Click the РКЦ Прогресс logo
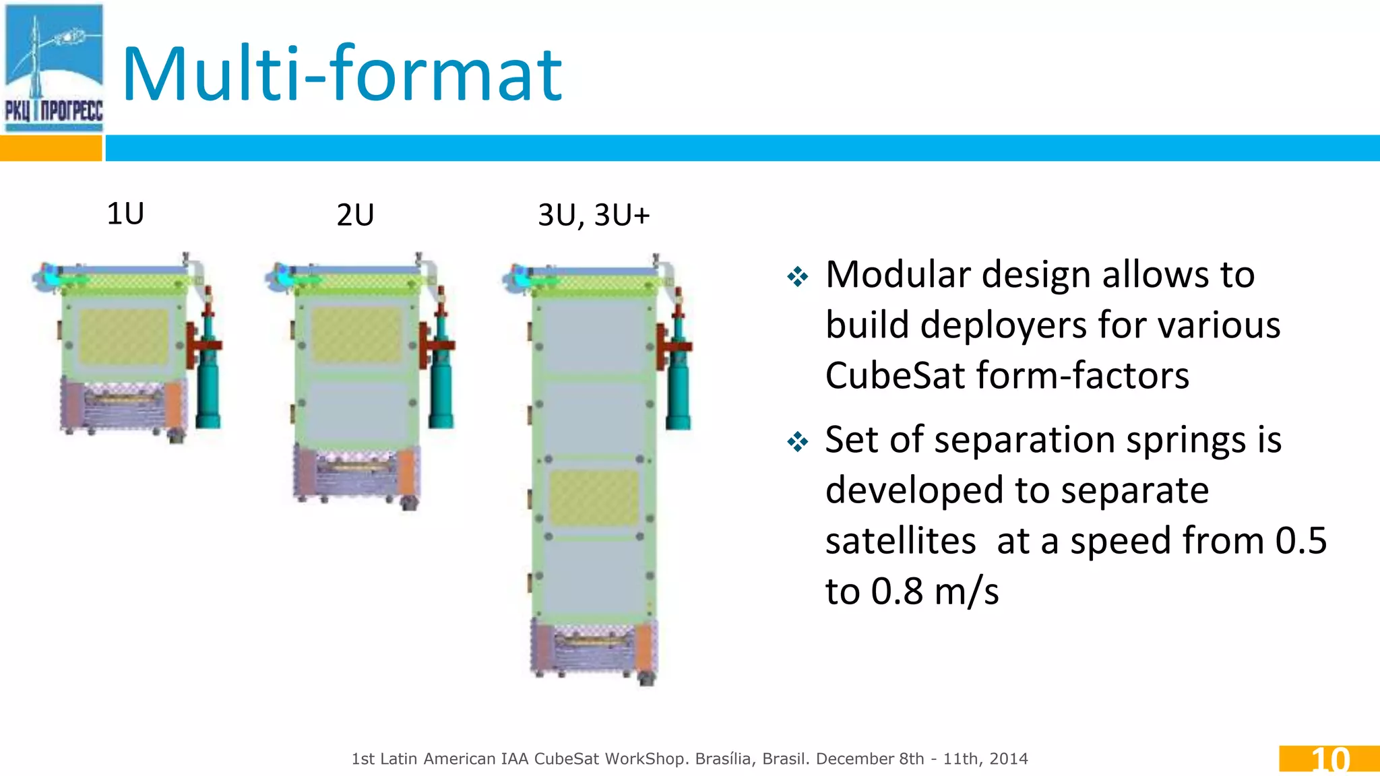(54, 67)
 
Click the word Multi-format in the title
(342, 74)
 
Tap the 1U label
(125, 214)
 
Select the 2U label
(355, 216)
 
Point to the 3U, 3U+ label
(594, 216)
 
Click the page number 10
(1330, 760)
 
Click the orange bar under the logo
(51, 148)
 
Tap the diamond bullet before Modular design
(798, 276)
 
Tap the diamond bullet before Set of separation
(798, 442)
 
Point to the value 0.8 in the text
(896, 591)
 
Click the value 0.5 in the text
(1300, 541)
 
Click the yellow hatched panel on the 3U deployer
(594, 498)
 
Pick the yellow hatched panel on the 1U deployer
(124, 337)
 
